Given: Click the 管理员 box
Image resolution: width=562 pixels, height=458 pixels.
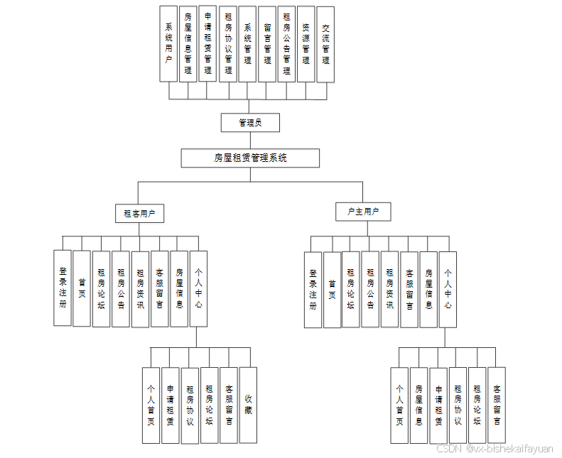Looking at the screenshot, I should point(250,123).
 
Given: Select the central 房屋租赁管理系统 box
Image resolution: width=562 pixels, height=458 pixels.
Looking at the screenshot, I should point(250,158).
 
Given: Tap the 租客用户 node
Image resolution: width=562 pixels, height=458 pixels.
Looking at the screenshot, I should point(139,212).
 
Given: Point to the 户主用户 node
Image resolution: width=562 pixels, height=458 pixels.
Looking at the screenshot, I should point(363,212).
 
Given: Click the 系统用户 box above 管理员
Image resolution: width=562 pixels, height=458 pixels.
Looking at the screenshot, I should point(168,44).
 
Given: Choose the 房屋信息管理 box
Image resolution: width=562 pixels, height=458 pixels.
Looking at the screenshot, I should point(188,44).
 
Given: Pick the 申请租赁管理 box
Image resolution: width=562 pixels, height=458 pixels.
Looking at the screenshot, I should point(207,44).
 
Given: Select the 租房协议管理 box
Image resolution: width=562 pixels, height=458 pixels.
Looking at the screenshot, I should point(228,44).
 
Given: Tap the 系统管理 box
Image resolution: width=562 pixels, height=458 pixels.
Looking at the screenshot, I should point(247,44).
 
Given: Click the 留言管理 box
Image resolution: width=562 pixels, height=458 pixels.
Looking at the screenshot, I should point(267,44).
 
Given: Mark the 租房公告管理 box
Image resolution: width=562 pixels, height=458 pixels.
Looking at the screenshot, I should point(286,44).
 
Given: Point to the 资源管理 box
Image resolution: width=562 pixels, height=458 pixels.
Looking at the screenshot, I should point(306,44).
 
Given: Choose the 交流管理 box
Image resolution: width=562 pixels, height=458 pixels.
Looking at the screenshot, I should point(325,44).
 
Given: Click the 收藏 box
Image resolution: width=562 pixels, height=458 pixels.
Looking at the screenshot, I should point(248,405).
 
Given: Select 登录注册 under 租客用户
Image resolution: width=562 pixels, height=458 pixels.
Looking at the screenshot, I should point(63,288).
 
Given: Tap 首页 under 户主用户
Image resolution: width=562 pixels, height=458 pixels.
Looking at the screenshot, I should point(332,290).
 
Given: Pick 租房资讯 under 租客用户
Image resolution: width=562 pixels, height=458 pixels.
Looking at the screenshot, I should point(141,289).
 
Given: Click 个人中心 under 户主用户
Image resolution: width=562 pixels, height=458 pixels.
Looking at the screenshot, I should point(448,289).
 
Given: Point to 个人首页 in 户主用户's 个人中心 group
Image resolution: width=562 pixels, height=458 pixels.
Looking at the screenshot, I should point(399,405).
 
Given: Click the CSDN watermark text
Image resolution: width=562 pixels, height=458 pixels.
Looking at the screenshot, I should point(495,449).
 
